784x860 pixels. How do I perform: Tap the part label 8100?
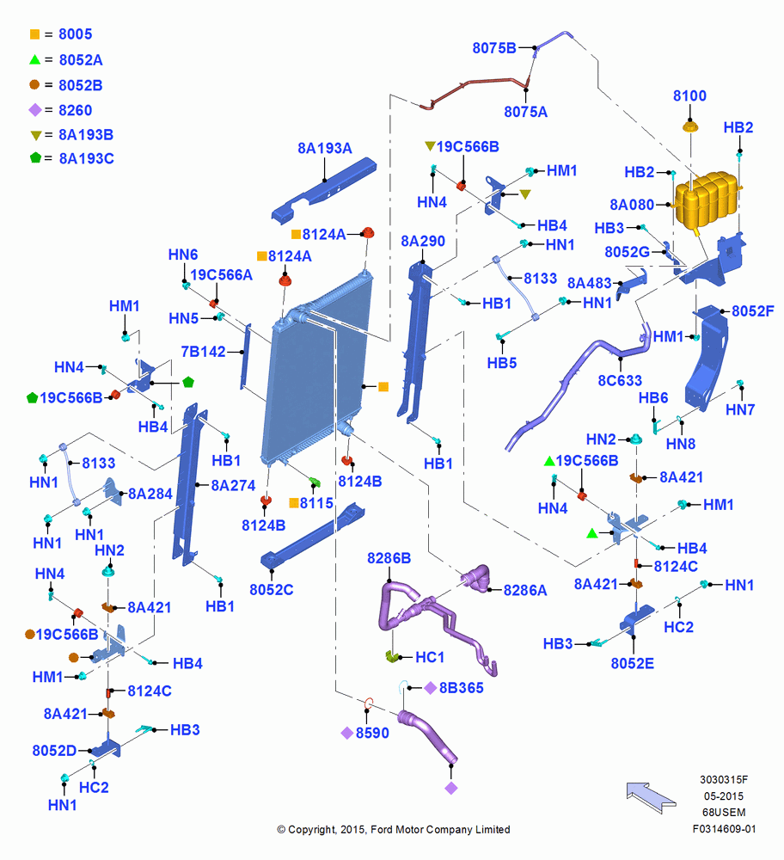coord(689,96)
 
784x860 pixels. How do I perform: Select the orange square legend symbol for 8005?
coord(34,34)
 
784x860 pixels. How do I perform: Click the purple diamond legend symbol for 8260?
coord(35,110)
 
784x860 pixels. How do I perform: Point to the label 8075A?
coord(526,112)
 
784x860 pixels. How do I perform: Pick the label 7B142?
coord(203,352)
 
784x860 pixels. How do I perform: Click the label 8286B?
coord(389,558)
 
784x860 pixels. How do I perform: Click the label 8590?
coord(372,733)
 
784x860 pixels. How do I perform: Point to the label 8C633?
coord(620,381)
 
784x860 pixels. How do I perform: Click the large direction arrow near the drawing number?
coord(651,797)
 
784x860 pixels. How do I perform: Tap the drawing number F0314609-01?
coord(724,829)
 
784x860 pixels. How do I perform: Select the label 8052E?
coord(632,664)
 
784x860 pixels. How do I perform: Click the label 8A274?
coord(233,485)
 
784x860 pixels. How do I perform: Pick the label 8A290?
coord(423,242)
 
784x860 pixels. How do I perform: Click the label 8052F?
coord(753,311)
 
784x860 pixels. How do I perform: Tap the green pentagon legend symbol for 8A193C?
coord(35,158)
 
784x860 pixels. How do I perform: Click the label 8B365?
coord(461,688)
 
